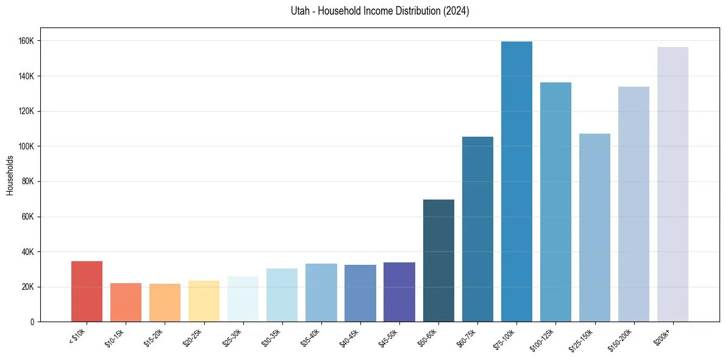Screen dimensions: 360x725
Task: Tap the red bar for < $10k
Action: tap(87, 292)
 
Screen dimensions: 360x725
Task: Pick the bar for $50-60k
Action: tap(438, 261)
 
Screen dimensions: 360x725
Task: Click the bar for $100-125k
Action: tap(555, 202)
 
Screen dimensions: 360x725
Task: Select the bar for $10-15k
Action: tap(126, 303)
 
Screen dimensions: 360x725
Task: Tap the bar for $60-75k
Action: tap(477, 229)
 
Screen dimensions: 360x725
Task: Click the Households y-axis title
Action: tap(10, 175)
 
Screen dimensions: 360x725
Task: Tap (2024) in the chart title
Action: tap(457, 11)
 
